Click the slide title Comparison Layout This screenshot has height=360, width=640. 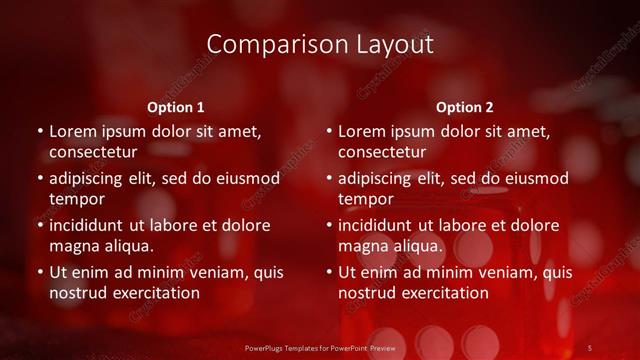click(x=320, y=45)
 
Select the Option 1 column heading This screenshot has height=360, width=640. click(x=176, y=107)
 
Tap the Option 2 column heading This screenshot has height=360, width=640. click(x=465, y=107)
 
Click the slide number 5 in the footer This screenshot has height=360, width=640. click(x=589, y=347)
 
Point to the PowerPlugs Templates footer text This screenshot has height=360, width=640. click(x=319, y=347)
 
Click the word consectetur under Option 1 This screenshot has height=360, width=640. click(x=92, y=153)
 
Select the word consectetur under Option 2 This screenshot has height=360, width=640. click(x=381, y=153)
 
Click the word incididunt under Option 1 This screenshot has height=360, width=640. click(x=88, y=225)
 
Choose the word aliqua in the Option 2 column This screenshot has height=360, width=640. click(x=417, y=246)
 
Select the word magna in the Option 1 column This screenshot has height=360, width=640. click(x=72, y=246)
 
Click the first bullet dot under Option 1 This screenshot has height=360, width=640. click(x=40, y=132)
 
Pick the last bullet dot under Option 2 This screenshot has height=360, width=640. click(x=329, y=272)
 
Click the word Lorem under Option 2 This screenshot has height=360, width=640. click(x=362, y=131)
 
